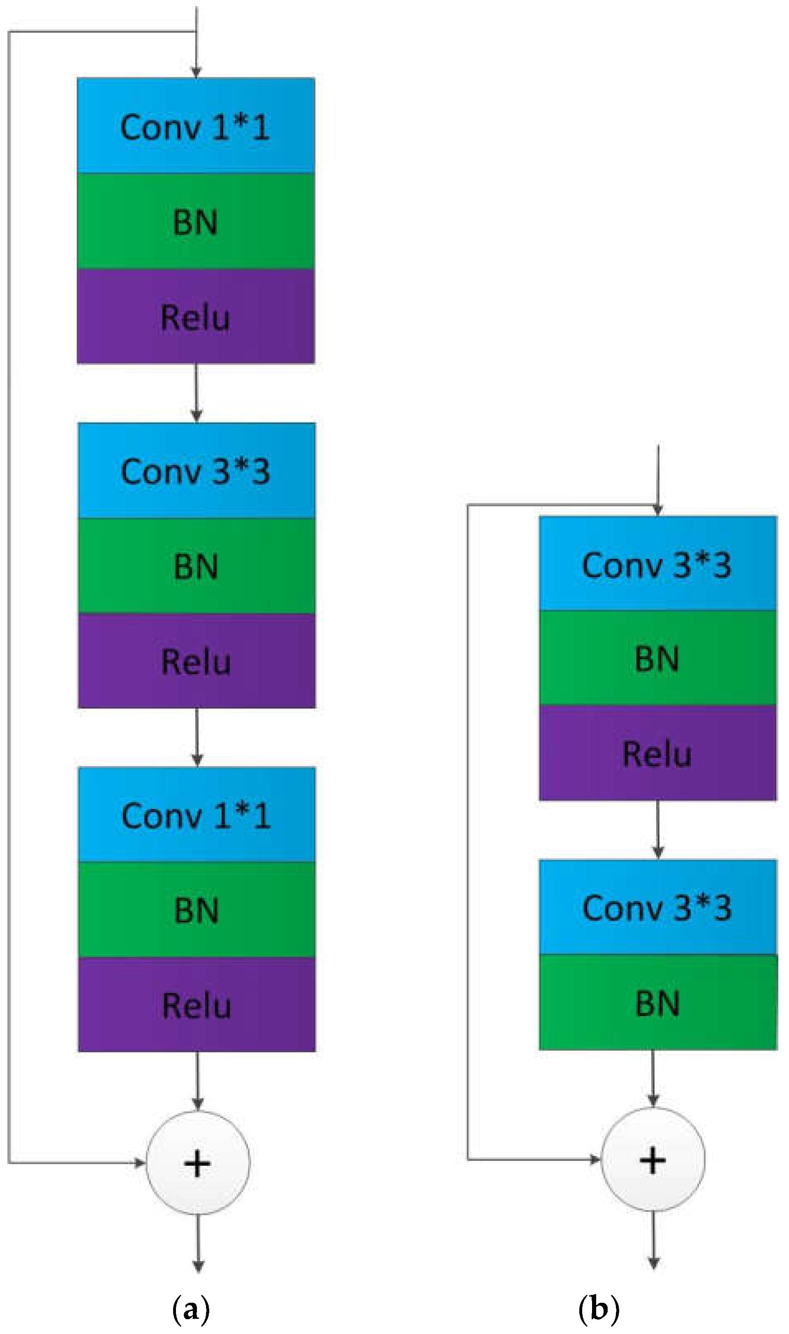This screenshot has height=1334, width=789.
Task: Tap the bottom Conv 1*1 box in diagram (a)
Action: coord(197,815)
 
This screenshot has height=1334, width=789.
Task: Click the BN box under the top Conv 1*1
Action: coord(196,221)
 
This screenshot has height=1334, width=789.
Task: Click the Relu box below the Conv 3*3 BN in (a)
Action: coord(196,661)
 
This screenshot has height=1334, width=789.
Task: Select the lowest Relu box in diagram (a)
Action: coord(197,1005)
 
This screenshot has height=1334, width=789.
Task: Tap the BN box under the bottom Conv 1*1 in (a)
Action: coord(197,910)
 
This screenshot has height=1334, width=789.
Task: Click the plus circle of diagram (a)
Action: coord(198,1163)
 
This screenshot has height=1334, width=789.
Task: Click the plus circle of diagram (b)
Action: coord(653,1160)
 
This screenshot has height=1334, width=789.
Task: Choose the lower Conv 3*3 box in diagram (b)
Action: coord(658,907)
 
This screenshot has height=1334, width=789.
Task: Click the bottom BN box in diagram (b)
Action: coord(658,1003)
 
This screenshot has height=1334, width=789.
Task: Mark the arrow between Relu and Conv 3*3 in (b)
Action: coord(658,829)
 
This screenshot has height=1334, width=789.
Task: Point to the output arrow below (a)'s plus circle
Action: coord(198,1244)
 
